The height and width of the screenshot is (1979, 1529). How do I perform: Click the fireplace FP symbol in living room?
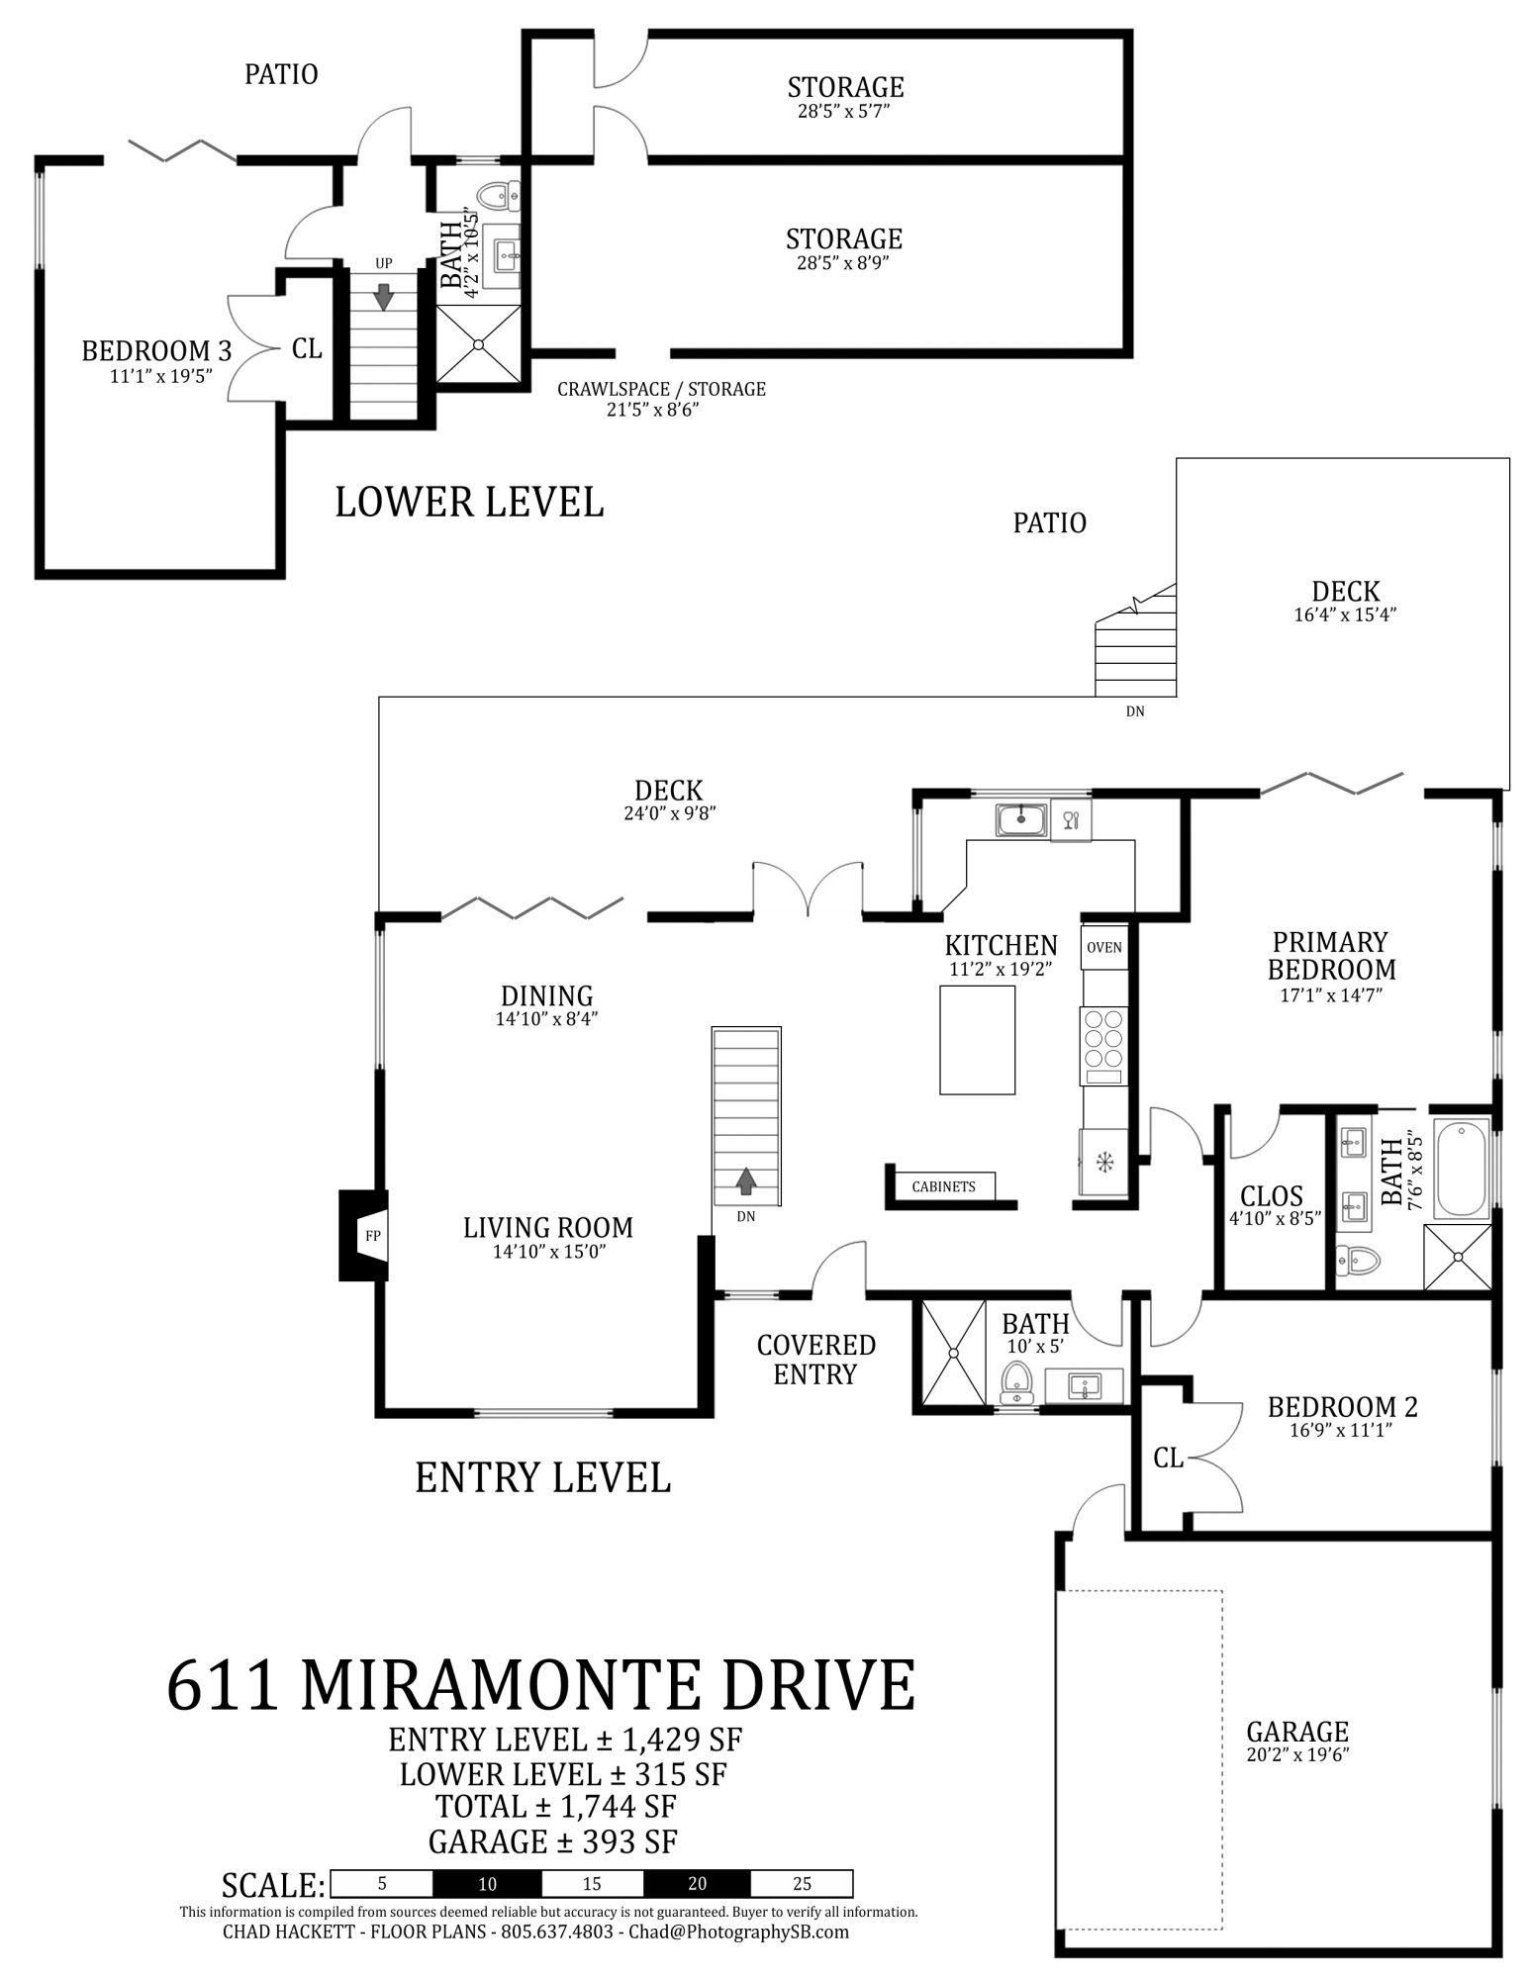372,1235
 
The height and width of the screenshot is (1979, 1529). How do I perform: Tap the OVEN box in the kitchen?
1103,947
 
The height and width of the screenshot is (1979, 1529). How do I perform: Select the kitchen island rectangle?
977,1039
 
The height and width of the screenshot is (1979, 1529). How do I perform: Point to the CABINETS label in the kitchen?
943,1186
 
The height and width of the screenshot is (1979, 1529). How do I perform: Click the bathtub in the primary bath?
1461,1169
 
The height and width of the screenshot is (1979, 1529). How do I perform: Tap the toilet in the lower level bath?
500,195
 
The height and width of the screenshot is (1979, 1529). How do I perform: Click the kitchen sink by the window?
1021,819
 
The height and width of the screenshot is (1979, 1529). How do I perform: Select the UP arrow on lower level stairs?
383,296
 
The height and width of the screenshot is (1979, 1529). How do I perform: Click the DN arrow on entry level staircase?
745,1180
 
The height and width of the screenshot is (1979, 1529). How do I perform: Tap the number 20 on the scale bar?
696,1883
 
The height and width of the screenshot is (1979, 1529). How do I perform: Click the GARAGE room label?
1296,1732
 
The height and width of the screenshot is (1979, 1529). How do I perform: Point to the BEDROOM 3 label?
156,351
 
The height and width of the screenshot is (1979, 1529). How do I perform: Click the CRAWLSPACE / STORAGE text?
661,389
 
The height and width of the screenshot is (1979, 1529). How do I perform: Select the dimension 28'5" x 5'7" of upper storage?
844,111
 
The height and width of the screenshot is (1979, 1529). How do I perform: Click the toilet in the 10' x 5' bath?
1016,1381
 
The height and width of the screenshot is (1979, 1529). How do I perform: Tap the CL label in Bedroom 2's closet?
1168,1458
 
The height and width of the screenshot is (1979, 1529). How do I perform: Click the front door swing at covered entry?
838,1271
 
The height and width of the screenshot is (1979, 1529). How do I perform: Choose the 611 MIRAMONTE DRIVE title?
540,1685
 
